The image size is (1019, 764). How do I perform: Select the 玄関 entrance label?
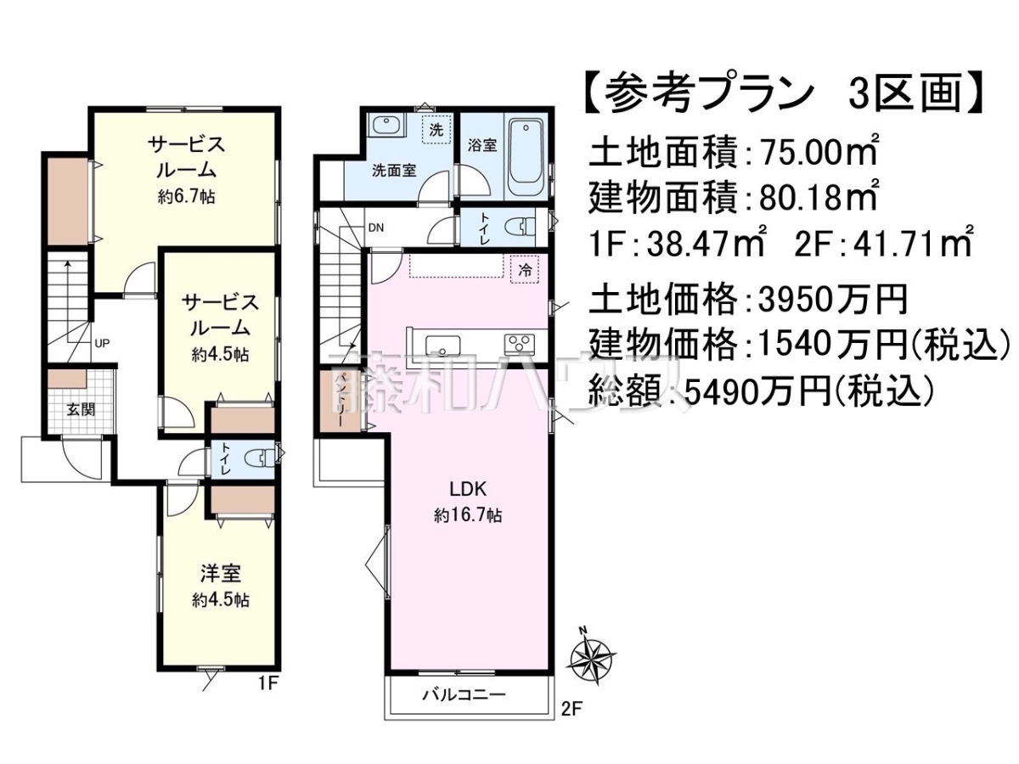[82, 410]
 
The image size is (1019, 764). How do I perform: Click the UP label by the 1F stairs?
[102, 344]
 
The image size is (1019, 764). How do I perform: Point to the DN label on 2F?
[376, 228]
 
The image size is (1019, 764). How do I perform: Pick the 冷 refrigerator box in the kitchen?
[525, 269]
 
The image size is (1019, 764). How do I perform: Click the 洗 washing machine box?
[436, 130]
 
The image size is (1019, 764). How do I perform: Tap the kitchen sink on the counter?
[442, 345]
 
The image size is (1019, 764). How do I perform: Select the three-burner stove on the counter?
[520, 344]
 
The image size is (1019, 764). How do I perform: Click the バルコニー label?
[464, 708]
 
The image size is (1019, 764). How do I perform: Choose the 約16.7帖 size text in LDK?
[468, 515]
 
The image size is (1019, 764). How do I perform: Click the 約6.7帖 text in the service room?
[186, 197]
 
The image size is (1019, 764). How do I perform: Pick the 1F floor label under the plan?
[267, 683]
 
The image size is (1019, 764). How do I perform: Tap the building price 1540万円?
[833, 346]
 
